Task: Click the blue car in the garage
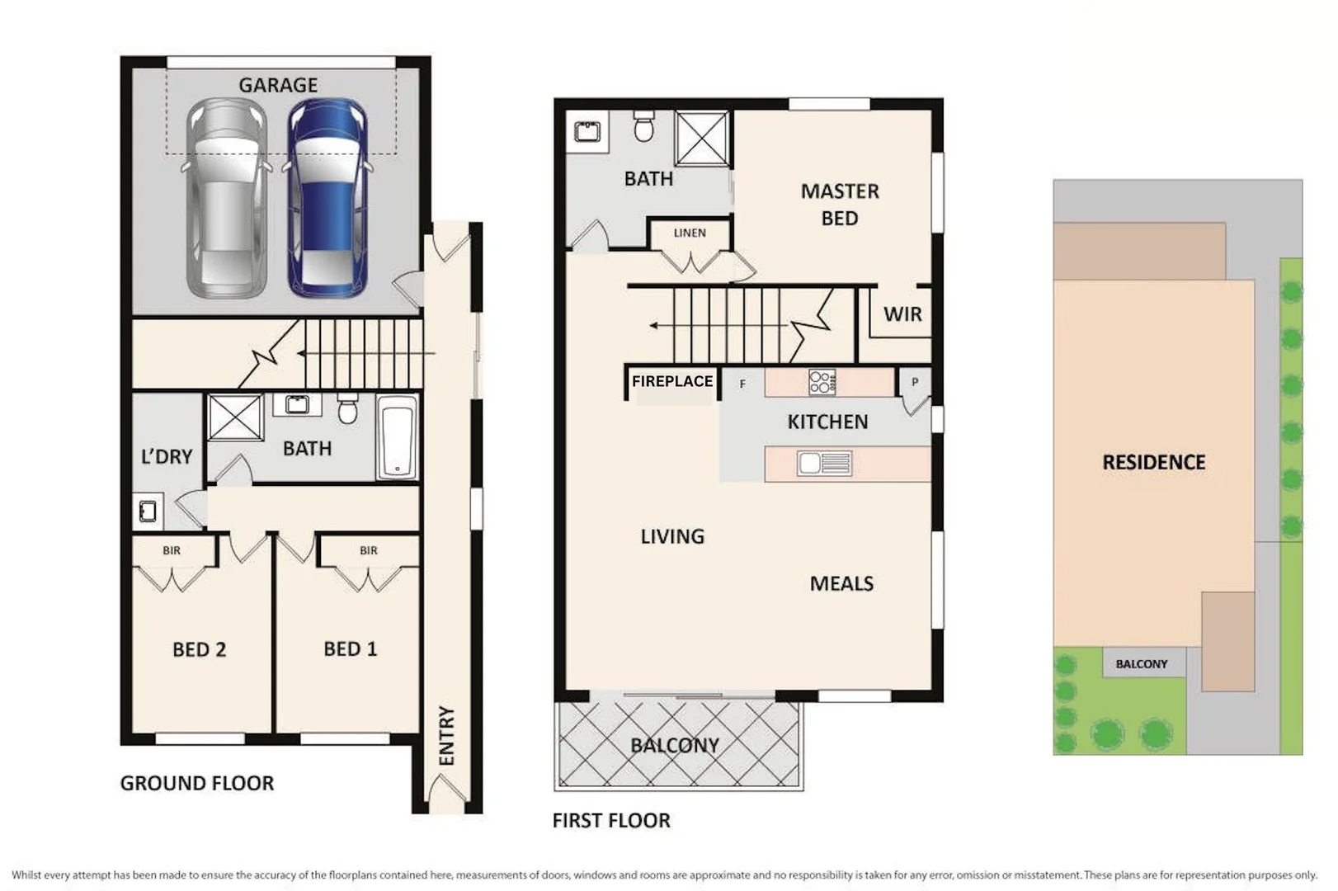327,198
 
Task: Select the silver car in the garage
226,198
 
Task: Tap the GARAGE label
278,85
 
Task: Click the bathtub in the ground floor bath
397,437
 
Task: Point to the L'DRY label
167,456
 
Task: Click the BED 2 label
199,649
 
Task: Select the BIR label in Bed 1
369,550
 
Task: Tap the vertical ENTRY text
446,735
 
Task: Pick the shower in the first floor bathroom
702,138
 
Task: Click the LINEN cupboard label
690,233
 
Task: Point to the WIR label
902,314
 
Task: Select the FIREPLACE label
671,381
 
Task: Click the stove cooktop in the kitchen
822,382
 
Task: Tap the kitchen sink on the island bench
824,464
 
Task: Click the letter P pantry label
914,382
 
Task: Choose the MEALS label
841,583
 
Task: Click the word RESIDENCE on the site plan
1153,462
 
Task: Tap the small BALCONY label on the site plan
1142,663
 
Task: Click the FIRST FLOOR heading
611,820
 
